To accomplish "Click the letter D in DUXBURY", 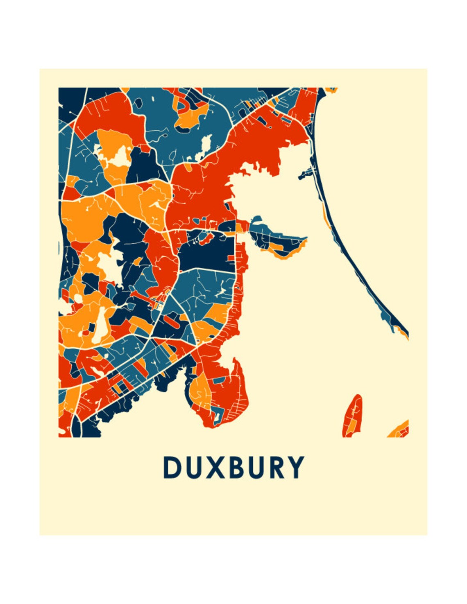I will pos(172,467).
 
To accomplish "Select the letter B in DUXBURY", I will pos(238,467).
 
